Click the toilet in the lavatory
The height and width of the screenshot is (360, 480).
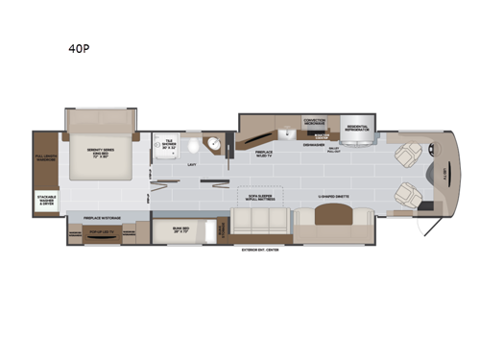click(x=194, y=146)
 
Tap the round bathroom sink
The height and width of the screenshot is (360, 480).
click(x=217, y=147)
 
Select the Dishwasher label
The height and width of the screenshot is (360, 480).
click(x=314, y=145)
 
